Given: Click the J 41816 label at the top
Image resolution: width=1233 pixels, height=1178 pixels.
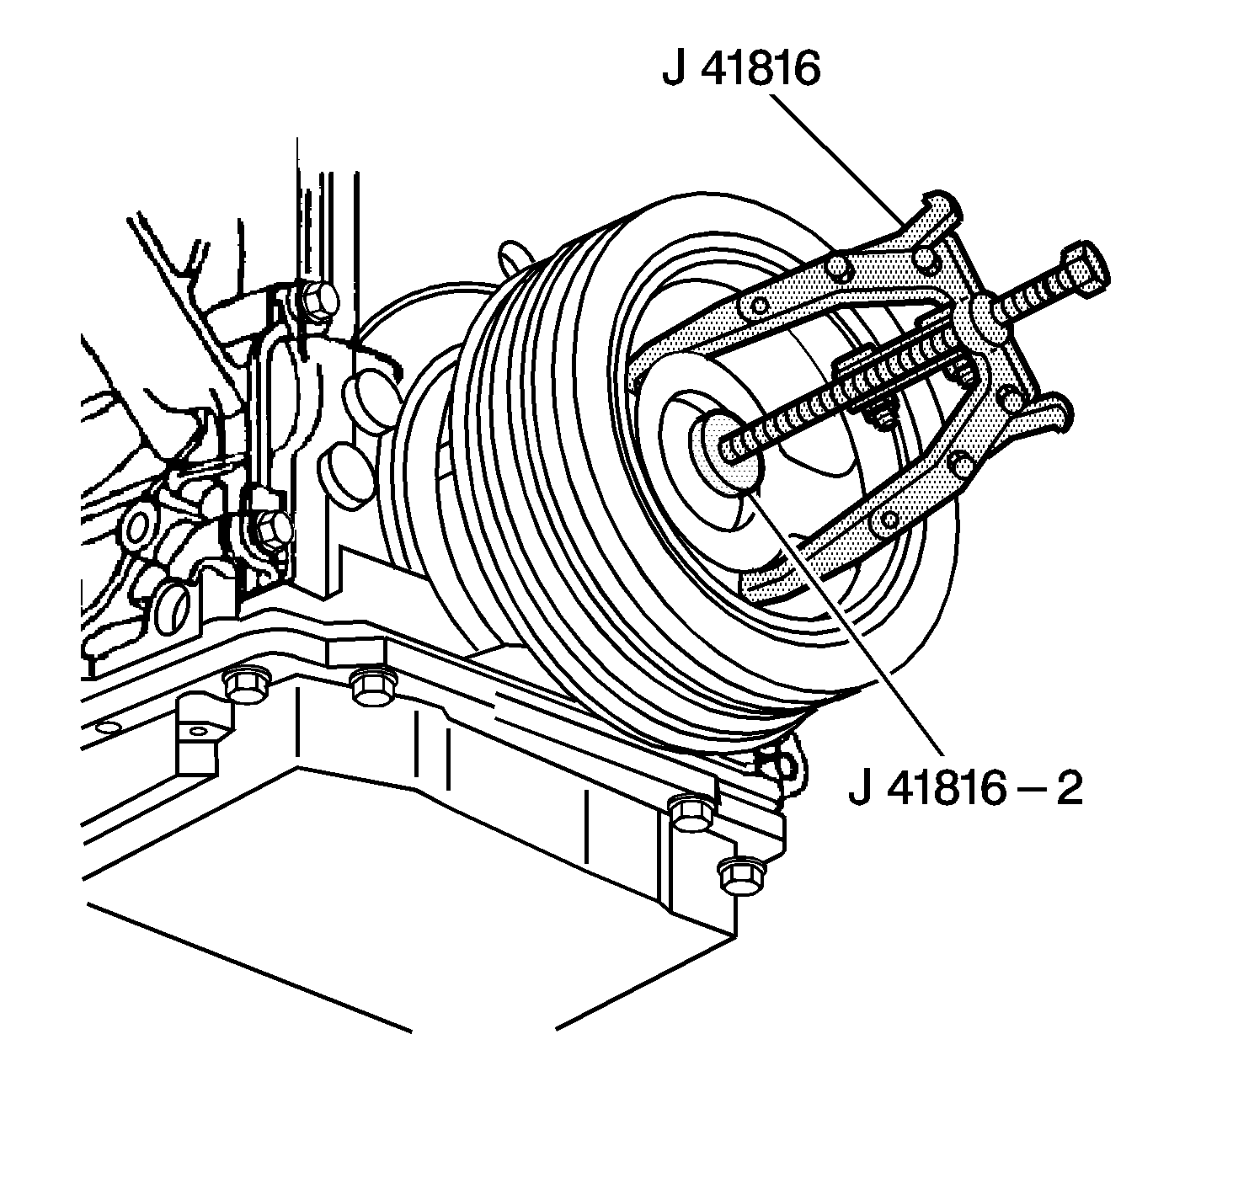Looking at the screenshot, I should [740, 69].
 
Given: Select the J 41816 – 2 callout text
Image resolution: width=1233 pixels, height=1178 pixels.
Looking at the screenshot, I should [965, 791].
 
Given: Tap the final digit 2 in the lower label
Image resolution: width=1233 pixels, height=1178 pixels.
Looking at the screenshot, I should [1068, 791].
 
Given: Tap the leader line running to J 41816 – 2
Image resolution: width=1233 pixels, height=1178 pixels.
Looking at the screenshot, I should [851, 623].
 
